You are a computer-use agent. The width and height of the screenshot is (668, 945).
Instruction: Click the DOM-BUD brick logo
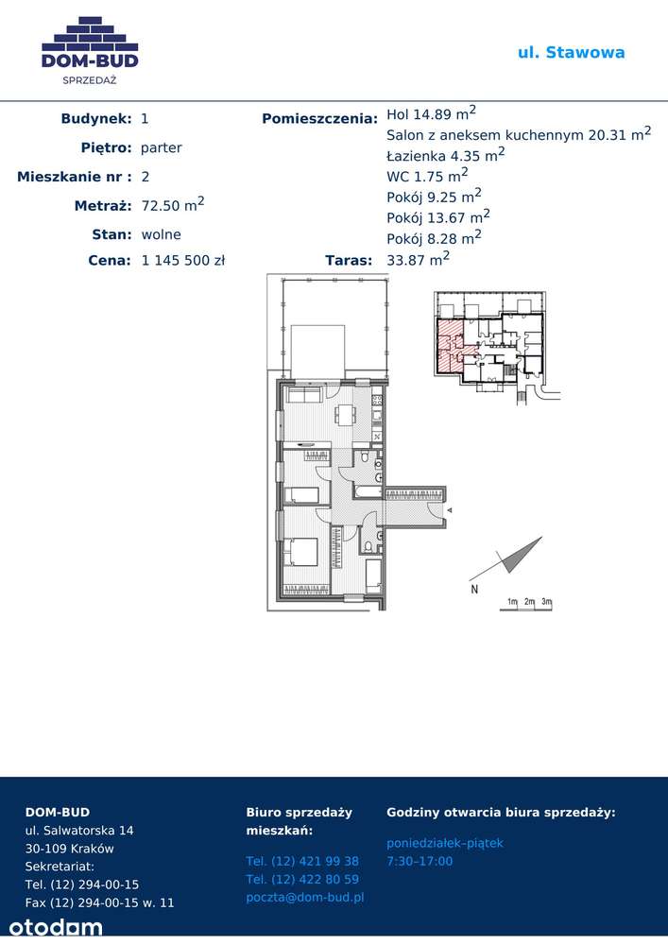[90, 42]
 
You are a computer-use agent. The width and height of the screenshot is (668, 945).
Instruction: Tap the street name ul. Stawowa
[571, 52]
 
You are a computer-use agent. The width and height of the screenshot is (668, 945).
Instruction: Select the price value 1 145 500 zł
[183, 261]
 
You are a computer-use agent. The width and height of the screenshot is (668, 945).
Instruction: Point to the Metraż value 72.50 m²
[173, 204]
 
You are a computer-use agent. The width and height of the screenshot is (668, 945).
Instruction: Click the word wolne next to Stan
[161, 234]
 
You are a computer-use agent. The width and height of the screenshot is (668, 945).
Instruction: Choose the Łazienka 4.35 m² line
[446, 155]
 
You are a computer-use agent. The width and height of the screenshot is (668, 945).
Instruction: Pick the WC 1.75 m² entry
[427, 176]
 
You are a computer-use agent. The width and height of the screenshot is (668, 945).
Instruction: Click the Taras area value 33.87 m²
[418, 259]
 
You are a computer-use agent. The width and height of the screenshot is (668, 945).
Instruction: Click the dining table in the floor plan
[345, 415]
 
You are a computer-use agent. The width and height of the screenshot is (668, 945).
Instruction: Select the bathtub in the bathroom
[368, 491]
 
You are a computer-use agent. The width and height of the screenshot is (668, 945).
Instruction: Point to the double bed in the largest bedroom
[300, 552]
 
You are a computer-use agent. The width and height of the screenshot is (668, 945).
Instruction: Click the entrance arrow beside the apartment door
[450, 510]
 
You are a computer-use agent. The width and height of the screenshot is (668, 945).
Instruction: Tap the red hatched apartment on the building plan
[450, 344]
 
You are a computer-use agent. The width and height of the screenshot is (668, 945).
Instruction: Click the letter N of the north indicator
[474, 590]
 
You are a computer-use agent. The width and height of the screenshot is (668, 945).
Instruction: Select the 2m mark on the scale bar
[529, 601]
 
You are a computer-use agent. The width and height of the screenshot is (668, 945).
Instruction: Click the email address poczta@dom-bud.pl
[305, 898]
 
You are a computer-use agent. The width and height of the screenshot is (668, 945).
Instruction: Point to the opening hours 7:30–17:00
[420, 861]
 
